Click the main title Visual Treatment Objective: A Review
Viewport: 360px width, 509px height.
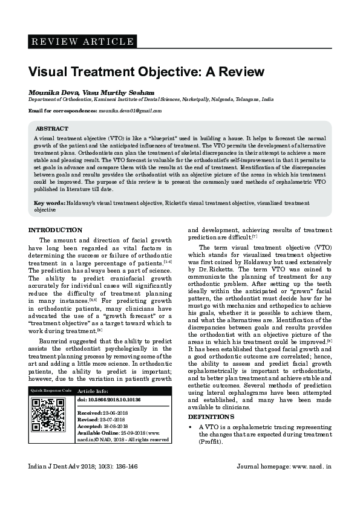[146, 72]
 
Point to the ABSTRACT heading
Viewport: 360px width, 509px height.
[51, 129]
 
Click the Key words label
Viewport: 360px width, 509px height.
[49, 203]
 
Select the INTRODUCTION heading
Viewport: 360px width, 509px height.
[56, 230]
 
